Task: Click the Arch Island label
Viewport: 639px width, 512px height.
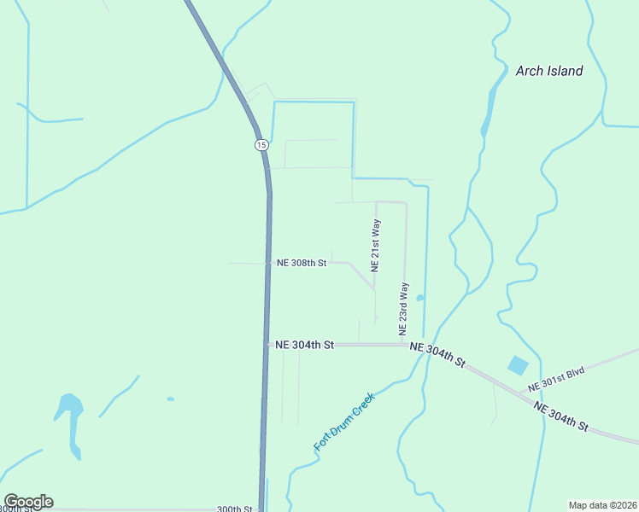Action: click(549, 71)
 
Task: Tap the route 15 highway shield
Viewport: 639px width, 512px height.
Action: click(261, 145)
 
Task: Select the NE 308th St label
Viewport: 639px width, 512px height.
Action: click(302, 263)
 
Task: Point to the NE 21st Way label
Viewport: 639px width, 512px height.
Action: click(375, 245)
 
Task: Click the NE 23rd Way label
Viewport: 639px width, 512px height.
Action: click(403, 308)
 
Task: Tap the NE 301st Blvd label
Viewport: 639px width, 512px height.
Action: click(556, 379)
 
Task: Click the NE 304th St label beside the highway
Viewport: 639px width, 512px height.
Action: click(304, 345)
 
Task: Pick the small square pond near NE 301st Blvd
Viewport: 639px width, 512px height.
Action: click(518, 366)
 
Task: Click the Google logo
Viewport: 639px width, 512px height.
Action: click(28, 502)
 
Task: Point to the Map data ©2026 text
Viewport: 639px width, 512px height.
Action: click(602, 504)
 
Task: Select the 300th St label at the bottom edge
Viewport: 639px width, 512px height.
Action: click(234, 509)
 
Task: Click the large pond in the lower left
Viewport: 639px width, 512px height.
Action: click(70, 410)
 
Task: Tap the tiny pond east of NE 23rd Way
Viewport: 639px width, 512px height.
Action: click(419, 298)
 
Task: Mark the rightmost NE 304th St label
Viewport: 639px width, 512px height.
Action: click(561, 415)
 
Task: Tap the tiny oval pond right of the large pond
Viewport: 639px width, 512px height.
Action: click(170, 399)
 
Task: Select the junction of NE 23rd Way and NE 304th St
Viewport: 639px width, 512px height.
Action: click(405, 345)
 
